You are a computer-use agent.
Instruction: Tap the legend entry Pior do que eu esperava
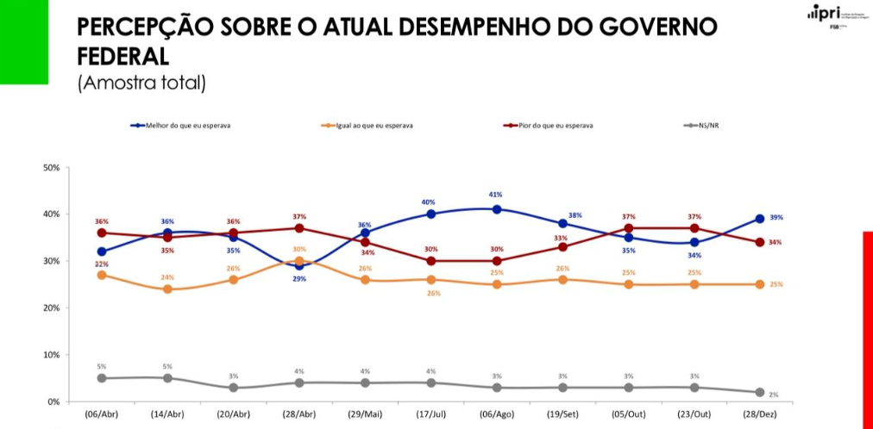[553, 126]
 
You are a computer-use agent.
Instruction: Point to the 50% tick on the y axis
[51, 167]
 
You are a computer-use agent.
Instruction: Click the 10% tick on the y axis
[51, 355]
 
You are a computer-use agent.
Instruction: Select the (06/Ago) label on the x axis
[497, 413]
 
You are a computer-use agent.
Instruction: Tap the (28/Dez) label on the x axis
[760, 413]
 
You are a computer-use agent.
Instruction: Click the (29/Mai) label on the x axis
[365, 413]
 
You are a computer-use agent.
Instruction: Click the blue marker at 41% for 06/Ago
[497, 209]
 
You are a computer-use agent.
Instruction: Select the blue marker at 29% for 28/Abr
[298, 265]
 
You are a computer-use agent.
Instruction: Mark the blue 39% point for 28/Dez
[760, 219]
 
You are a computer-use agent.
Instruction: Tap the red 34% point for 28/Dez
[760, 242]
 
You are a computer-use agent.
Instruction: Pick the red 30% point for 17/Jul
[430, 261]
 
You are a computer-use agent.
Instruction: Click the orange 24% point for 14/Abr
[167, 289]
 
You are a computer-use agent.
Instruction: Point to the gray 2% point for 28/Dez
[760, 392]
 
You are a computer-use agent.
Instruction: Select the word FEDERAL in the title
[122, 57]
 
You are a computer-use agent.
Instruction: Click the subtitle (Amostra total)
[141, 84]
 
